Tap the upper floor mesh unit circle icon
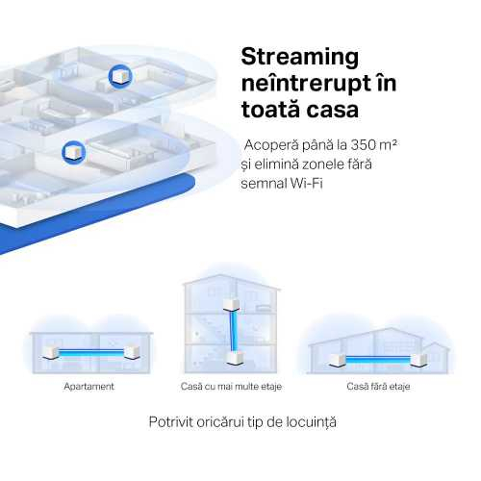coord(120,76)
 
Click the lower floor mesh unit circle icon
coord(74,152)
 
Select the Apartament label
coord(89,387)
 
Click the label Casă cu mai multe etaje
coord(231,387)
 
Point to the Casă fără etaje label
coord(378,387)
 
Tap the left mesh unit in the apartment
coord(51,353)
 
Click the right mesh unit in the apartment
coord(132,352)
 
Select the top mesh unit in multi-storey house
coord(231,305)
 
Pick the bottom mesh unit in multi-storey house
coord(235,358)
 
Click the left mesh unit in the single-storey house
coord(337,360)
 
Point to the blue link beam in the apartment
coord(91,353)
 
